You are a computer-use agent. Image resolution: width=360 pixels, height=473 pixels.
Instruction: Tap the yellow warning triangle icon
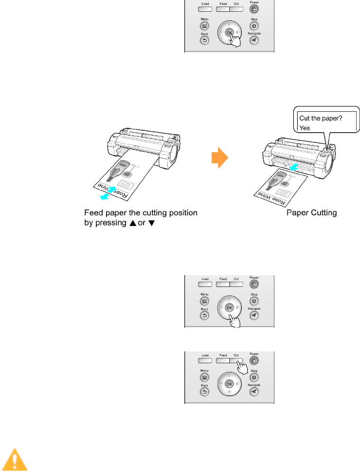(14, 460)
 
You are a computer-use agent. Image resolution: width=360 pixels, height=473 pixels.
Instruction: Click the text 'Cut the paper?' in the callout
(324, 119)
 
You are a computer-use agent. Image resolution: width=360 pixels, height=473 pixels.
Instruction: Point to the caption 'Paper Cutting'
(311, 213)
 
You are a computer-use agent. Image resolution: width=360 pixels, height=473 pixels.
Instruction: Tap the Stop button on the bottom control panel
(253, 377)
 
